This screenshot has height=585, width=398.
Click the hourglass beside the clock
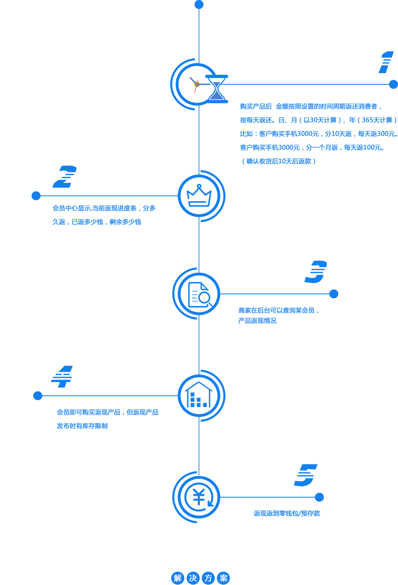tap(217, 88)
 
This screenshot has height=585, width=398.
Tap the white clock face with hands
tap(194, 84)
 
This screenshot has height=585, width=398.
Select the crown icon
tap(199, 196)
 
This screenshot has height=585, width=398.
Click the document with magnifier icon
tap(199, 294)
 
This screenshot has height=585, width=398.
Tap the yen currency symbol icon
tap(199, 497)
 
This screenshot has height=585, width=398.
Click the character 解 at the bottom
tap(177, 578)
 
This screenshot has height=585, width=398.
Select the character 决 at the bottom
tap(193, 578)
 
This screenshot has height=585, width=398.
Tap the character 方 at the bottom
tap(208, 578)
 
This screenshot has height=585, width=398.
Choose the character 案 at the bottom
tap(224, 578)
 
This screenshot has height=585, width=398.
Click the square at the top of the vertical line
tap(199, 5)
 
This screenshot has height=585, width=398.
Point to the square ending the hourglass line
tap(393, 84)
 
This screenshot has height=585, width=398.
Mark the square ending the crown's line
tap(36, 196)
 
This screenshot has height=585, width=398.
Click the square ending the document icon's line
tap(333, 294)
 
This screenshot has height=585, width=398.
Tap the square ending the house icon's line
tap(38, 396)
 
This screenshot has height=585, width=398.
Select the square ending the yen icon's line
tap(319, 497)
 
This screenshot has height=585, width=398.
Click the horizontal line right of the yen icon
tap(268, 497)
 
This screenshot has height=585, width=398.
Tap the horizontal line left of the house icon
tap(110, 396)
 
